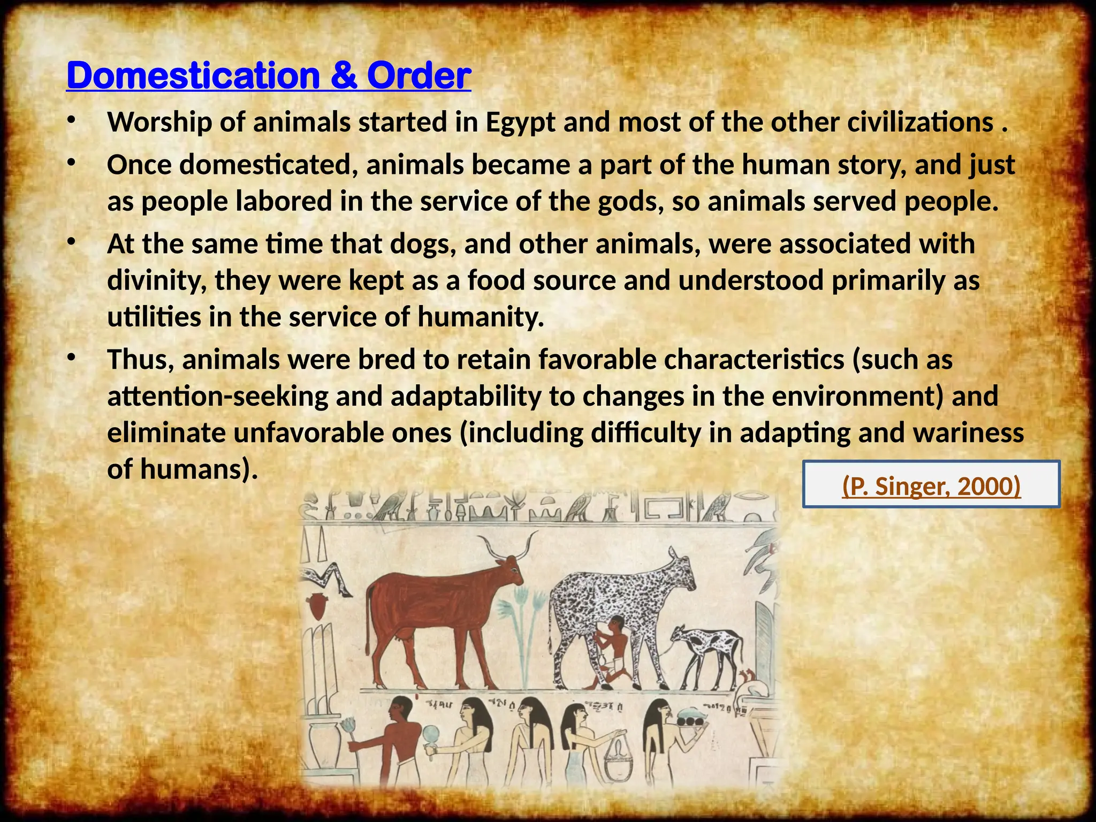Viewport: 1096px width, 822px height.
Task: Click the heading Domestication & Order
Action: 269,75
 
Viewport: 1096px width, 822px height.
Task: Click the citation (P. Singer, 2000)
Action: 931,486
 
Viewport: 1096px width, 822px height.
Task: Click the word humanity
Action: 481,317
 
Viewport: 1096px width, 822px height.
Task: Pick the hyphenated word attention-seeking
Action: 217,397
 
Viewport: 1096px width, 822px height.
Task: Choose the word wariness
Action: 968,433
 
